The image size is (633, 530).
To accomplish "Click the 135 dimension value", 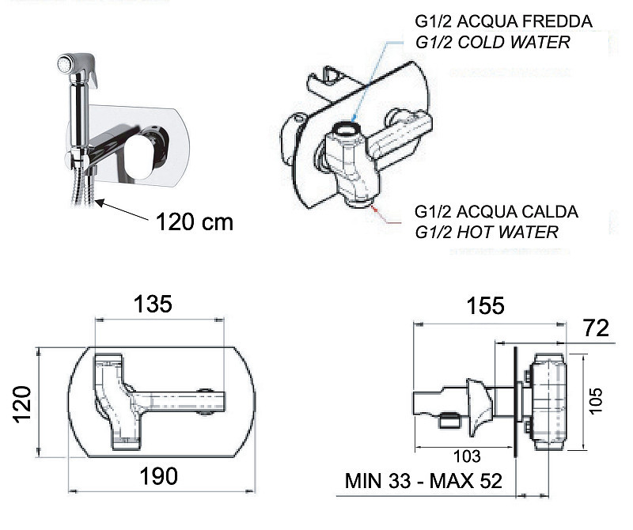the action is pos(153,304).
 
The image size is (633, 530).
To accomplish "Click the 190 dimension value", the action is pos(159,476).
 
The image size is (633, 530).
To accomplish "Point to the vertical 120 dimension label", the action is pos(22,404).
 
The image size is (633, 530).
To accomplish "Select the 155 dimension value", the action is pos(486,305).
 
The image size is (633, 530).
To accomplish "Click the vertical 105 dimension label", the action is pos(596,401).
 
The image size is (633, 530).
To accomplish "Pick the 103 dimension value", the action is pos(467,456).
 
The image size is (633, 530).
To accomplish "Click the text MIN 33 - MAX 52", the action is pos(423,481).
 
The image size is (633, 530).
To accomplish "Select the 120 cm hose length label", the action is pos(195,222).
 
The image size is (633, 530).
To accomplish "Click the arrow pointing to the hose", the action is pos(122,210).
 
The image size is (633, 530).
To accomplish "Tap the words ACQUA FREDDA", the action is pos(525,21).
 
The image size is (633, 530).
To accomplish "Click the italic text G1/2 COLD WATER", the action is pos(492,42).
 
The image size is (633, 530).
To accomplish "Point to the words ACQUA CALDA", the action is pos(517,211).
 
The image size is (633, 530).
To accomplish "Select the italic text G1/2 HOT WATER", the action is pos(487,232).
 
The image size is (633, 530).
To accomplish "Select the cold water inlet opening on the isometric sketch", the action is pos(348,128).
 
